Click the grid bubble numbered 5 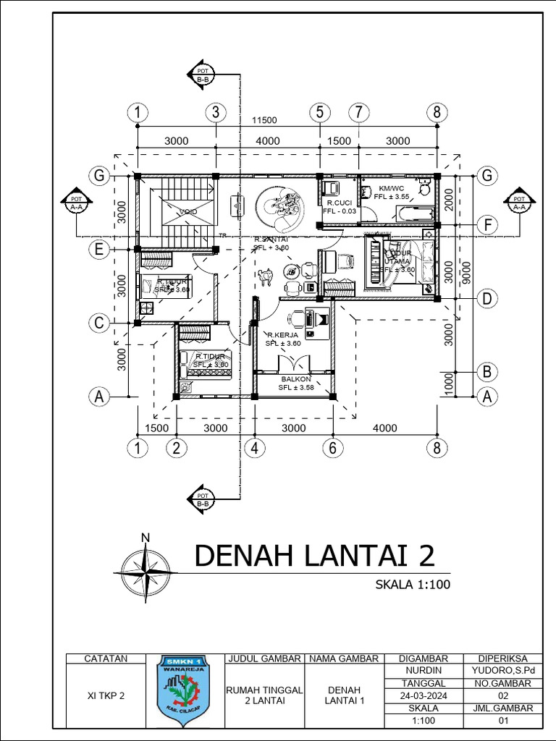[x=319, y=112]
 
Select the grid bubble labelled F [x=488, y=226]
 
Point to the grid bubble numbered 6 [x=332, y=448]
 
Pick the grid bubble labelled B [x=487, y=372]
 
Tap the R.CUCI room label [x=339, y=203]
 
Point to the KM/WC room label [x=392, y=187]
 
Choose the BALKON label [x=296, y=379]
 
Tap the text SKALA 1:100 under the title [x=413, y=585]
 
